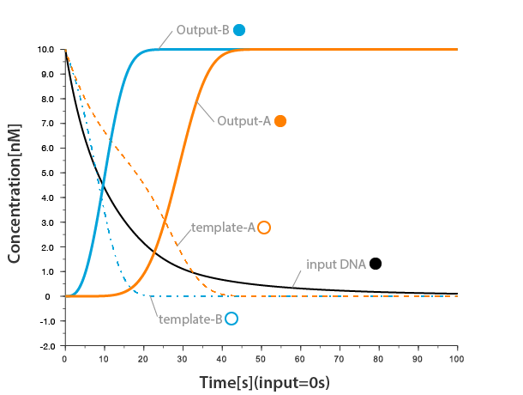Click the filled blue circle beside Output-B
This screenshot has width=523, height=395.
239,30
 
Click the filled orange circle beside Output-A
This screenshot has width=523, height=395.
280,121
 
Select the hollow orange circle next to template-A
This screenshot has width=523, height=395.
264,228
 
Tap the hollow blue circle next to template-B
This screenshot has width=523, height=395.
231,319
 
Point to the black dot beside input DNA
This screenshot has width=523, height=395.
376,264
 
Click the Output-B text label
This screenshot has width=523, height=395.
202,30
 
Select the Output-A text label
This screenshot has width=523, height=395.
243,121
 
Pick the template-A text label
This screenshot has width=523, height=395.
223,228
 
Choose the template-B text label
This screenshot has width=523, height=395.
190,319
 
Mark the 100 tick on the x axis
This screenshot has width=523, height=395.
457,357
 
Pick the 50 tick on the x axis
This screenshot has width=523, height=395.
261,357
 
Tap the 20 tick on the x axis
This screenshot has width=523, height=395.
143,357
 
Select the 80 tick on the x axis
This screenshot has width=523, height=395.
379,357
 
